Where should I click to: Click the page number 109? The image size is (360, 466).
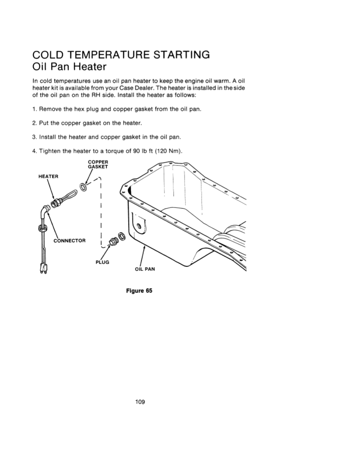coord(140,402)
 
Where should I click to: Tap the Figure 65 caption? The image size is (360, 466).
coord(139,291)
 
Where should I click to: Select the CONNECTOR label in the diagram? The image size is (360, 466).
coord(70,241)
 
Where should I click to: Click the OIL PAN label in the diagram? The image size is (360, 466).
coord(144,269)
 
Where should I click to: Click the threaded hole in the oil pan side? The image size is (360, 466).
coord(139,225)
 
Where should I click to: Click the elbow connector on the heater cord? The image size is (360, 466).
coord(45,213)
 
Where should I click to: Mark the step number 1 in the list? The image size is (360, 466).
coord(35,109)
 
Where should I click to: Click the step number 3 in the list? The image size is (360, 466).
coord(35,137)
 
